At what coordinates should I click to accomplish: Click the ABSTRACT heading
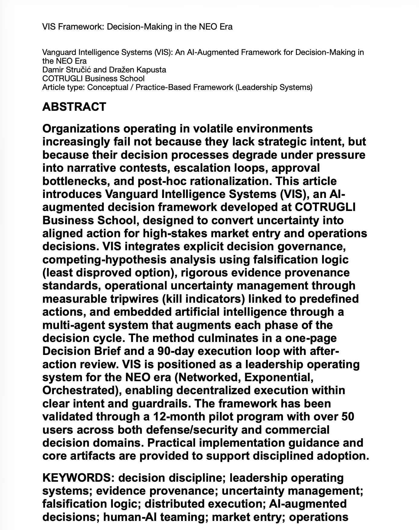(x=74, y=107)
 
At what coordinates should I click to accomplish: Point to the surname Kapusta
(x=151, y=70)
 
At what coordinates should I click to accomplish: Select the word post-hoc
(x=162, y=181)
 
